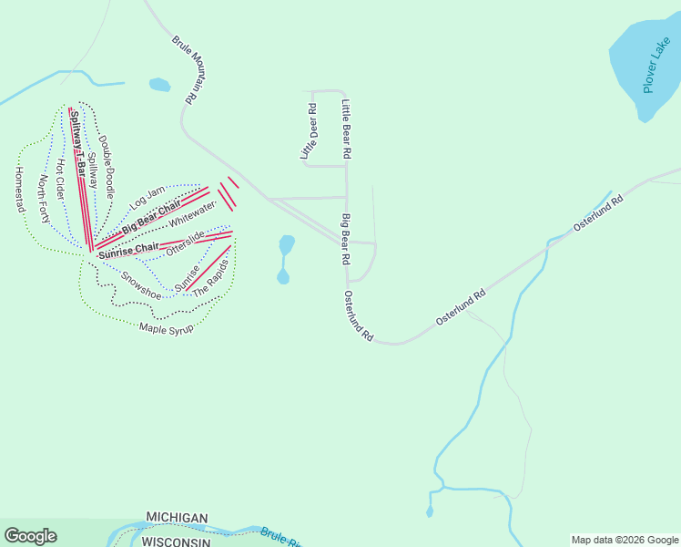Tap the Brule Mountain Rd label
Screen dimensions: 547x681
point(185,69)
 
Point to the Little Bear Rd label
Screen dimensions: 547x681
point(346,128)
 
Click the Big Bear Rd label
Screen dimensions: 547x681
point(347,240)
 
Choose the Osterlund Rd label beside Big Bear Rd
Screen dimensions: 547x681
point(359,316)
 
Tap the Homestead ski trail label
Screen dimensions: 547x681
point(19,190)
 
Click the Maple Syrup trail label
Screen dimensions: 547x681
point(166,328)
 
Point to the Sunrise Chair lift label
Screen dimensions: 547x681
point(128,250)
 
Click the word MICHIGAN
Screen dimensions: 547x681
point(177,518)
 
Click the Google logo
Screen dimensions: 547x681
point(30,536)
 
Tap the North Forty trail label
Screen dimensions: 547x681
point(43,200)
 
